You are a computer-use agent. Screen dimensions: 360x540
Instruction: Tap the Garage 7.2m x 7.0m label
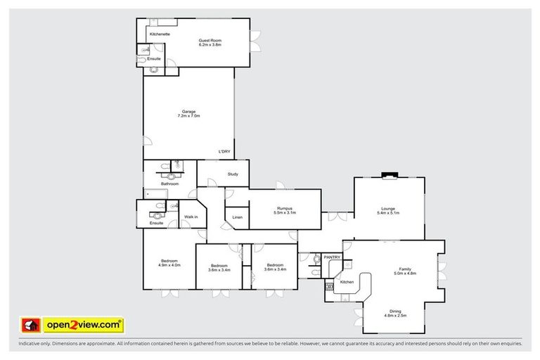[x=188, y=113]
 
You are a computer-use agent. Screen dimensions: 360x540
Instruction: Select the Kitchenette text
[x=160, y=34]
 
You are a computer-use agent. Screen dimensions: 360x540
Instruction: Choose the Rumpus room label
[x=284, y=210]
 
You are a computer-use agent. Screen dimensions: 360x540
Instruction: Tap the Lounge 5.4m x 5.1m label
[x=388, y=210]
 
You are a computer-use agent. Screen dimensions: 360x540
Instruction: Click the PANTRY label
[x=332, y=257]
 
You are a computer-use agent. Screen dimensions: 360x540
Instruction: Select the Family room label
[x=406, y=270]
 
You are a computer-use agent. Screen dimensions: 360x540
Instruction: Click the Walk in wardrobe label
[x=191, y=217]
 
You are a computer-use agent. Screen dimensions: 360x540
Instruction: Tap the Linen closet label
[x=237, y=217]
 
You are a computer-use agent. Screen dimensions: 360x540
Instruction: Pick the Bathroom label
[x=169, y=184]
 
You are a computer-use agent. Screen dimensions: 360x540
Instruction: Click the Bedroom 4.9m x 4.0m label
[x=169, y=263]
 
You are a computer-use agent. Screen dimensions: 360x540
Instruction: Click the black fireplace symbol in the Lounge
[x=388, y=176]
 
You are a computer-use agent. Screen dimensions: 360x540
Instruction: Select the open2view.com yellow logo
[x=83, y=325]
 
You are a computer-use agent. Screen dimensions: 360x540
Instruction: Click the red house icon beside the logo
[x=30, y=325]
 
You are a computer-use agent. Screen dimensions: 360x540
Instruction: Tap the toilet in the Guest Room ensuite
[x=143, y=60]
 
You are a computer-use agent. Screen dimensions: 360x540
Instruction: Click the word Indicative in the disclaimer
[x=30, y=344]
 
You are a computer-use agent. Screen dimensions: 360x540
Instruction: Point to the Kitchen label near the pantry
[x=347, y=281]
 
